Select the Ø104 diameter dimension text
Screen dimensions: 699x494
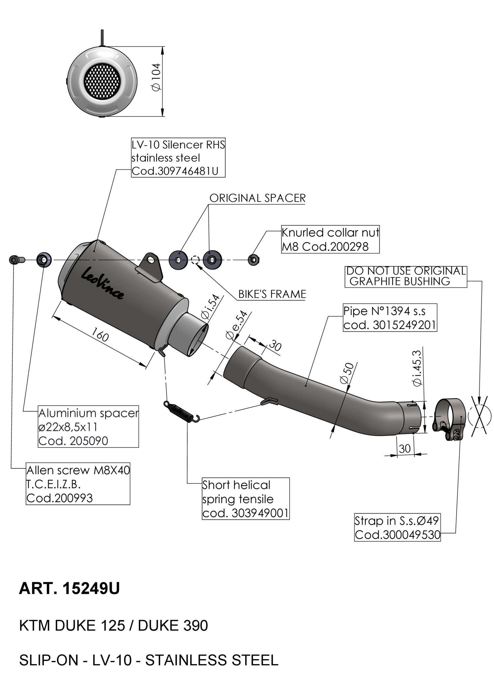tap(156, 77)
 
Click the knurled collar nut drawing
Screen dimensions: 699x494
tap(254, 260)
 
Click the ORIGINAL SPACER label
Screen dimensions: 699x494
tap(258, 198)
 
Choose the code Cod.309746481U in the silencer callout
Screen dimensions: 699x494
tap(175, 171)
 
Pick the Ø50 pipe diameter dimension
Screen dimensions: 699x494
tap(347, 373)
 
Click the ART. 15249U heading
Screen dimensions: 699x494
tap(69, 589)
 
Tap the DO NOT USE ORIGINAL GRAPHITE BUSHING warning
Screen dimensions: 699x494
tap(406, 276)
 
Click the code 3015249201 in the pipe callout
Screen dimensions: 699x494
tap(404, 325)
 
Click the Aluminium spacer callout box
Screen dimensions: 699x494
tap(88, 427)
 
